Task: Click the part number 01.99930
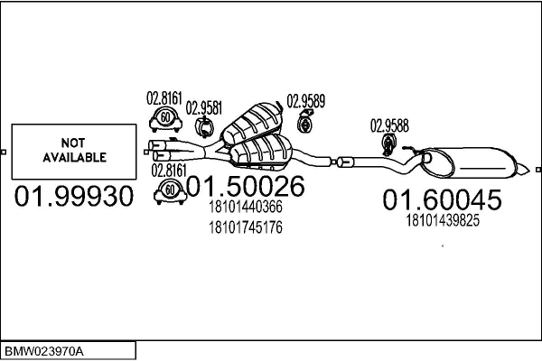point(74,196)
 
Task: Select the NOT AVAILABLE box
point(74,152)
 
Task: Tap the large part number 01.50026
point(246,186)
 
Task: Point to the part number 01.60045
point(442,199)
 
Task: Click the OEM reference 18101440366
point(246,207)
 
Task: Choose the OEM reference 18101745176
point(246,227)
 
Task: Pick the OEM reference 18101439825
point(443,220)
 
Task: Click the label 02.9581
point(204,108)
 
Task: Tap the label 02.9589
point(306,101)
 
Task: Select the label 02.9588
point(389,125)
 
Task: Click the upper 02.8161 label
point(164,98)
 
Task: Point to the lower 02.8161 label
point(169,171)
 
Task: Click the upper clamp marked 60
point(165,119)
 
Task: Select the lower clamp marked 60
point(170,191)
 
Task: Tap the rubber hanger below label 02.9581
point(204,127)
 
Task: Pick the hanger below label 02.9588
point(388,145)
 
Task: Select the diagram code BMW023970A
point(44,352)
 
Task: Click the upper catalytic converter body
point(252,123)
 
